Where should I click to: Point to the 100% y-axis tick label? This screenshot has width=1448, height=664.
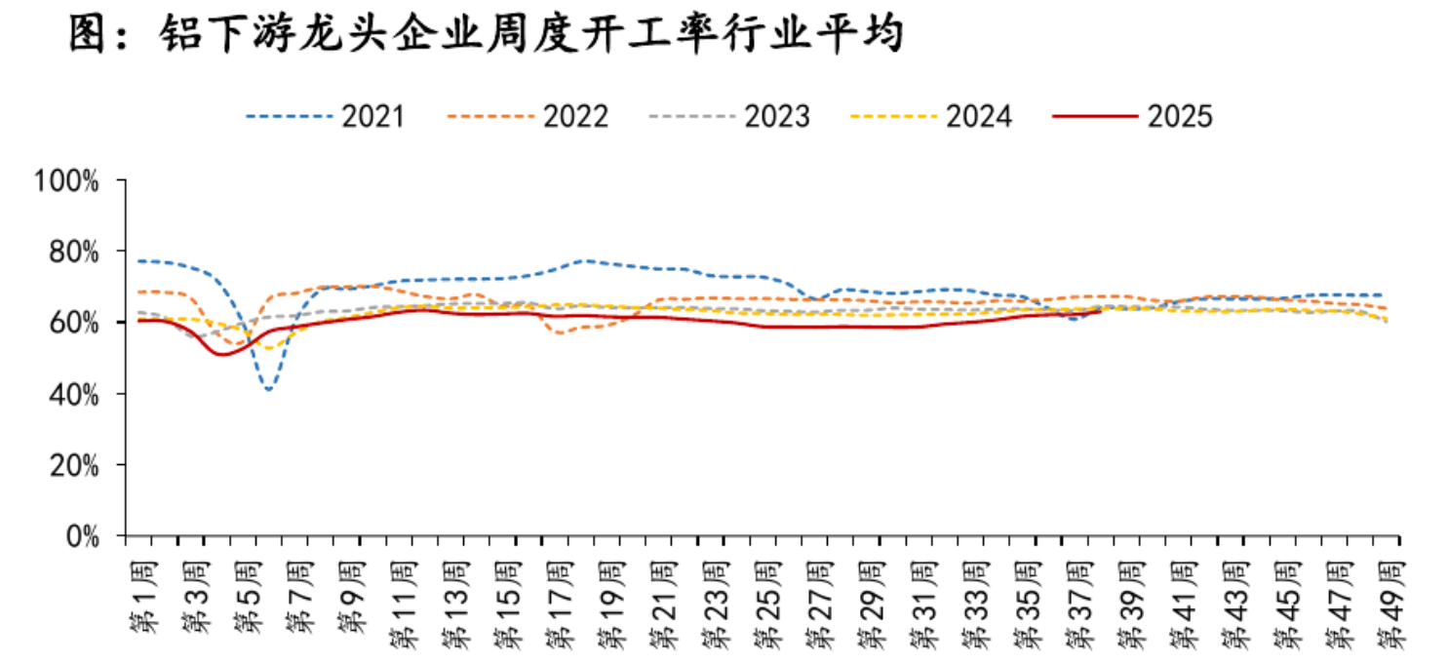65,180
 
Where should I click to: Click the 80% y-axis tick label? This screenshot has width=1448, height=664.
72,252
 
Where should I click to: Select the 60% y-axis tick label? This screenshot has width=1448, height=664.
72,323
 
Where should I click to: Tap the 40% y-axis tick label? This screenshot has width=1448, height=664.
72,394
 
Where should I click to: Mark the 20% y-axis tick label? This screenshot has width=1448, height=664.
72,465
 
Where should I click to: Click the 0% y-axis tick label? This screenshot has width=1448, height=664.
80,536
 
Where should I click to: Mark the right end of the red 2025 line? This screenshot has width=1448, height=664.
1100,311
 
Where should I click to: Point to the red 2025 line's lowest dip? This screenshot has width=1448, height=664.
221,354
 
